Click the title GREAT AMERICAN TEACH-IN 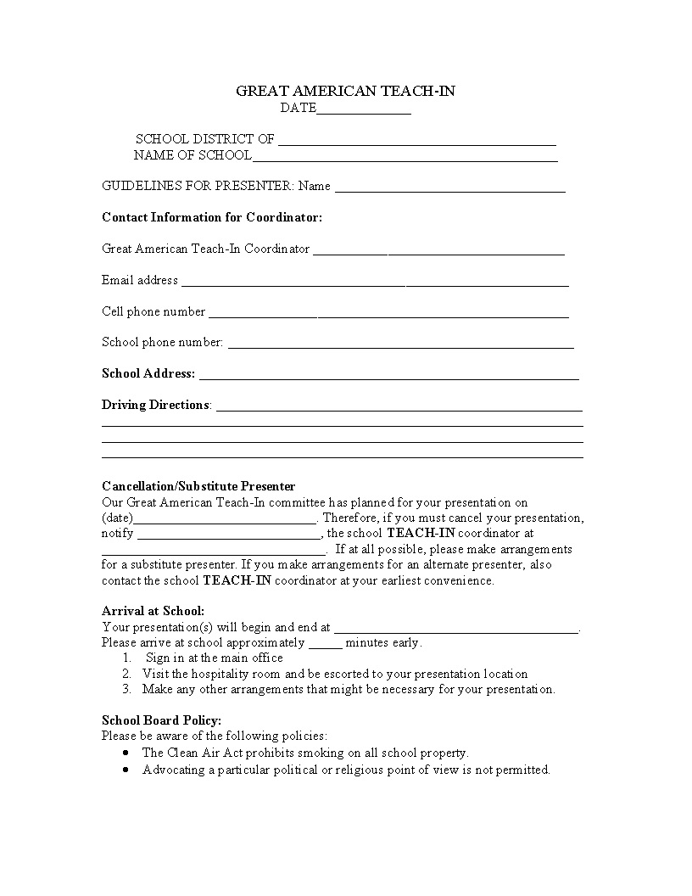tap(345, 91)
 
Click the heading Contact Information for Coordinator tap(212, 217)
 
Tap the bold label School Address tap(148, 373)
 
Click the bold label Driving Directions tap(155, 405)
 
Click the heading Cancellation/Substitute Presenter tap(198, 486)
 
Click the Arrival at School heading tap(153, 611)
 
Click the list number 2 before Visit tap(126, 674)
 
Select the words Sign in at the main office tap(215, 658)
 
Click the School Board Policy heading tap(161, 720)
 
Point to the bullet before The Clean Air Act tap(126, 753)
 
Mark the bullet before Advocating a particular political tap(126, 770)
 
